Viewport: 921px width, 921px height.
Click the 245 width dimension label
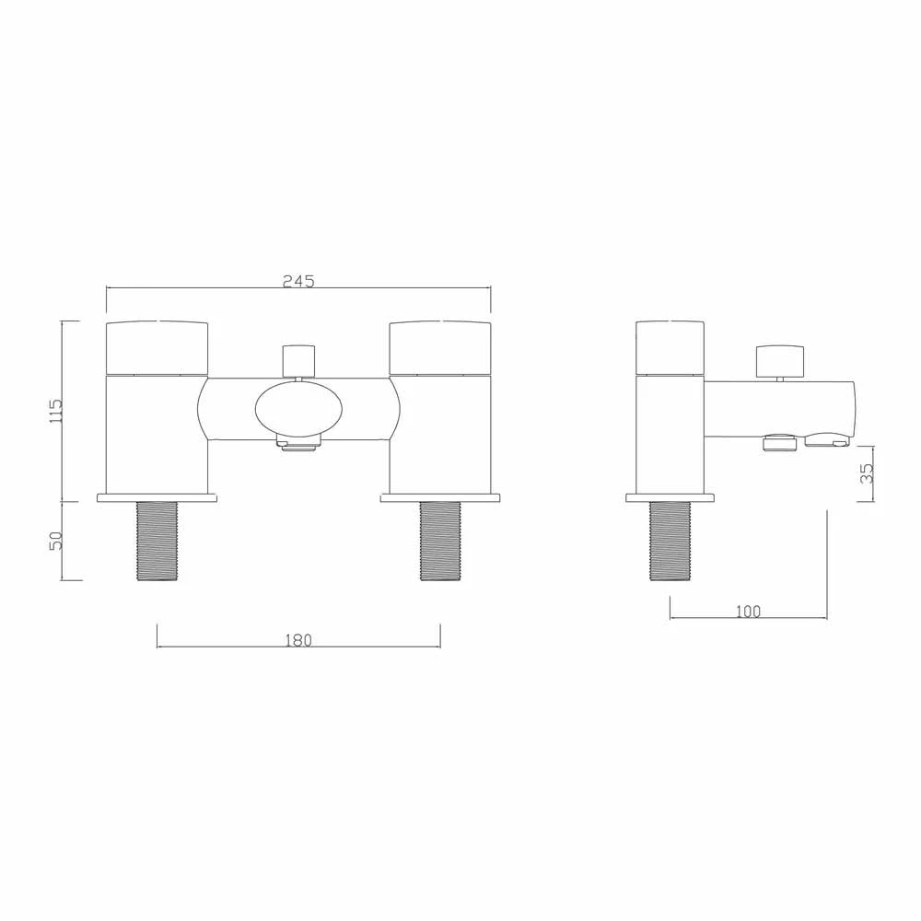point(298,281)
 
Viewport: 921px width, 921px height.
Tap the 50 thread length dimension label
point(54,541)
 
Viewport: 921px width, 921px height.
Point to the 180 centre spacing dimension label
point(298,640)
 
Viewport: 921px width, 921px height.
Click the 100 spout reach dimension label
point(748,611)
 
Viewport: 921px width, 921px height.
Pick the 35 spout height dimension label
point(865,472)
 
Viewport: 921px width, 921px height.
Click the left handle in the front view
point(157,348)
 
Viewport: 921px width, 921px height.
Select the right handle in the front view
point(440,348)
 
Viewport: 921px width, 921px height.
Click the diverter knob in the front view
point(298,359)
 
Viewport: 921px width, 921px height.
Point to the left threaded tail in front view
point(157,542)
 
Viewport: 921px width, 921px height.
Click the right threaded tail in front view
point(440,542)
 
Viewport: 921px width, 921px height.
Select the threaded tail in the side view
point(670,542)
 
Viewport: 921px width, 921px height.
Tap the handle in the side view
point(671,348)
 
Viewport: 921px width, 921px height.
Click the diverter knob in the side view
point(780,360)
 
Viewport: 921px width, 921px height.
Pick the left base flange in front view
point(157,498)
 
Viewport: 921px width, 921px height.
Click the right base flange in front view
point(440,498)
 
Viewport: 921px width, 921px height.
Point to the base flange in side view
point(670,498)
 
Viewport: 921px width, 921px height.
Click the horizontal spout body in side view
point(783,409)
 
